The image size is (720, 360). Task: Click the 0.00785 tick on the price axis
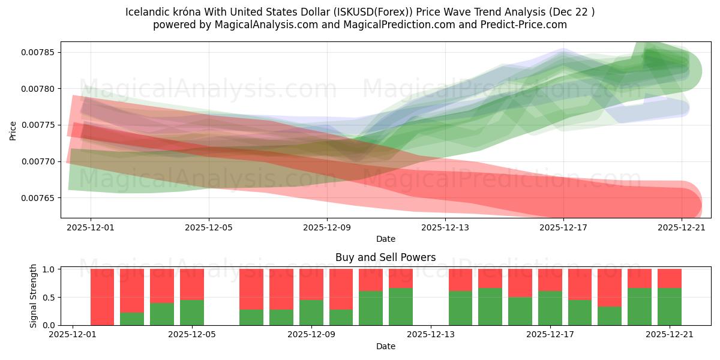[38, 52]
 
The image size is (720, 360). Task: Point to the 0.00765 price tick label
[38, 198]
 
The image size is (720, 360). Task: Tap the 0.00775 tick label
[38, 125]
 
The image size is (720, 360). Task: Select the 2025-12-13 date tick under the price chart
[445, 227]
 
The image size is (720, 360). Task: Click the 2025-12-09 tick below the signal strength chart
[313, 335]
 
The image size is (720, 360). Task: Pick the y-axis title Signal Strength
[34, 296]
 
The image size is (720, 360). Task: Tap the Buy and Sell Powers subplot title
[385, 257]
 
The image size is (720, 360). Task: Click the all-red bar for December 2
[102, 297]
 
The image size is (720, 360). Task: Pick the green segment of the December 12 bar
[401, 307]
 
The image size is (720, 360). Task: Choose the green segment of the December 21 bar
[670, 307]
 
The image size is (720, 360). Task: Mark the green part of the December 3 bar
[132, 319]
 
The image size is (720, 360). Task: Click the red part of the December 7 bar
[251, 289]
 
